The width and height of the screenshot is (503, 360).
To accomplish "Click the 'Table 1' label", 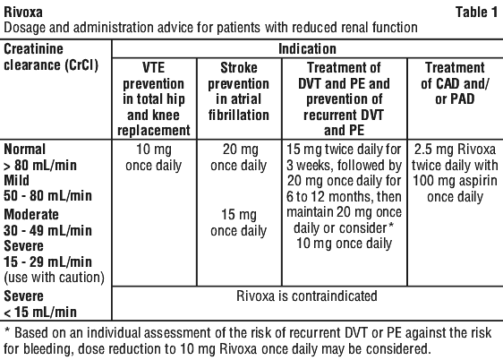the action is pos(476,13).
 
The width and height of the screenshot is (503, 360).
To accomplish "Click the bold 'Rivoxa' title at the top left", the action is pos(23,13).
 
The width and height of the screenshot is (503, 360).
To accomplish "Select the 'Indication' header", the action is pos(307,49).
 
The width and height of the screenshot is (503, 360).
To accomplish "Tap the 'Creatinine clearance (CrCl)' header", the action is pos(51,56).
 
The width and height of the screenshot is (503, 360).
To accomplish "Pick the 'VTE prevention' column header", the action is pos(154,99).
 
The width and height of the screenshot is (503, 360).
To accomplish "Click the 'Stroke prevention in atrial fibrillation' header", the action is pos(239,91).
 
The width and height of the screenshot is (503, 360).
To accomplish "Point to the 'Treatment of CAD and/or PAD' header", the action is pos(455,83).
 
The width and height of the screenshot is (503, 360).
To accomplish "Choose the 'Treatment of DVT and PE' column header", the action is pos(344,99).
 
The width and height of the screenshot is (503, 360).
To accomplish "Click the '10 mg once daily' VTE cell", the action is pos(154,158).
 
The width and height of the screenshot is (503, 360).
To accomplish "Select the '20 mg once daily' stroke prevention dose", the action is pos(239,158).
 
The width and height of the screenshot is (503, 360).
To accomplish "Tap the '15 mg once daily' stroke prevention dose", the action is pos(239,223).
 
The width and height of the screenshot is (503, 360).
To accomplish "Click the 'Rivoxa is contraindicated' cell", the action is pos(307,296).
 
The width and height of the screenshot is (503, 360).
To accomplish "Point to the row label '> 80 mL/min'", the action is pos(40,166).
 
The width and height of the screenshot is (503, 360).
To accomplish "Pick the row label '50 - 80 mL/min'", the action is pos(47,196).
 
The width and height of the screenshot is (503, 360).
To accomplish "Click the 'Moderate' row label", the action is pos(31,214).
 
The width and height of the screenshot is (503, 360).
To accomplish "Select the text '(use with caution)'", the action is pos(55,278).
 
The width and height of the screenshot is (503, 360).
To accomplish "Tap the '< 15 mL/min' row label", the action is pos(40,312).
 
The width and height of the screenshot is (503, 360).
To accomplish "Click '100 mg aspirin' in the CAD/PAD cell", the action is pos(455,181).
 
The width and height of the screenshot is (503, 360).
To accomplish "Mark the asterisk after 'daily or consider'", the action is pos(391,226).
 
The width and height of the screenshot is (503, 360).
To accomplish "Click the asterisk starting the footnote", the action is pos(7,330).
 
